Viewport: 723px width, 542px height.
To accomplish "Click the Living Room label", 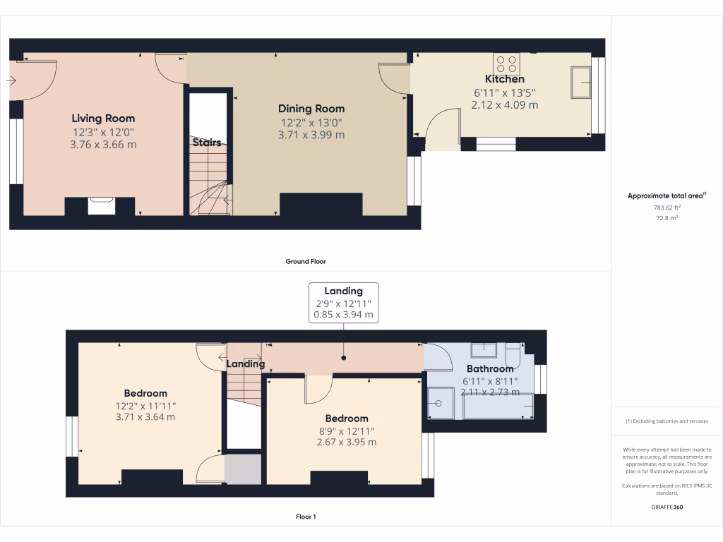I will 103,119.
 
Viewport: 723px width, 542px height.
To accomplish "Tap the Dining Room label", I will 311,109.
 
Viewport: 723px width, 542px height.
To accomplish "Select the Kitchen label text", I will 504,79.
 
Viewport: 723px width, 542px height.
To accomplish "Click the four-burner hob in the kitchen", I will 507,64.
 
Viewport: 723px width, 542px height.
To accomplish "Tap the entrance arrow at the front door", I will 11,81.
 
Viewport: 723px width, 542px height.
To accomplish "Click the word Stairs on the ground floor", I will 207,143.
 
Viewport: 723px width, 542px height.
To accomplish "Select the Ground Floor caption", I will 306,261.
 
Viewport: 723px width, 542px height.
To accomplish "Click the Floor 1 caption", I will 306,517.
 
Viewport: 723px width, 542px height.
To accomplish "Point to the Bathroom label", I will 489,369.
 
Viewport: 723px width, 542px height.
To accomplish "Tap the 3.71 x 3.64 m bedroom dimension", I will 145,417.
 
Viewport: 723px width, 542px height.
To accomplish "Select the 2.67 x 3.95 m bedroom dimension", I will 346,442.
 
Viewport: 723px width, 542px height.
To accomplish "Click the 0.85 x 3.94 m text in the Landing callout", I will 343,315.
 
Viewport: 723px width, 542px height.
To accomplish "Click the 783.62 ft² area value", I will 667,207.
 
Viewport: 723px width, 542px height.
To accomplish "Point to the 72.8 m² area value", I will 667,219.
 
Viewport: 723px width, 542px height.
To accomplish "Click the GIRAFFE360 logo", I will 667,507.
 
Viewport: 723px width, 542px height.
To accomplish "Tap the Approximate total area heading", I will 667,196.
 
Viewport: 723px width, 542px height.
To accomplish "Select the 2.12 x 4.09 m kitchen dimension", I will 504,104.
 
